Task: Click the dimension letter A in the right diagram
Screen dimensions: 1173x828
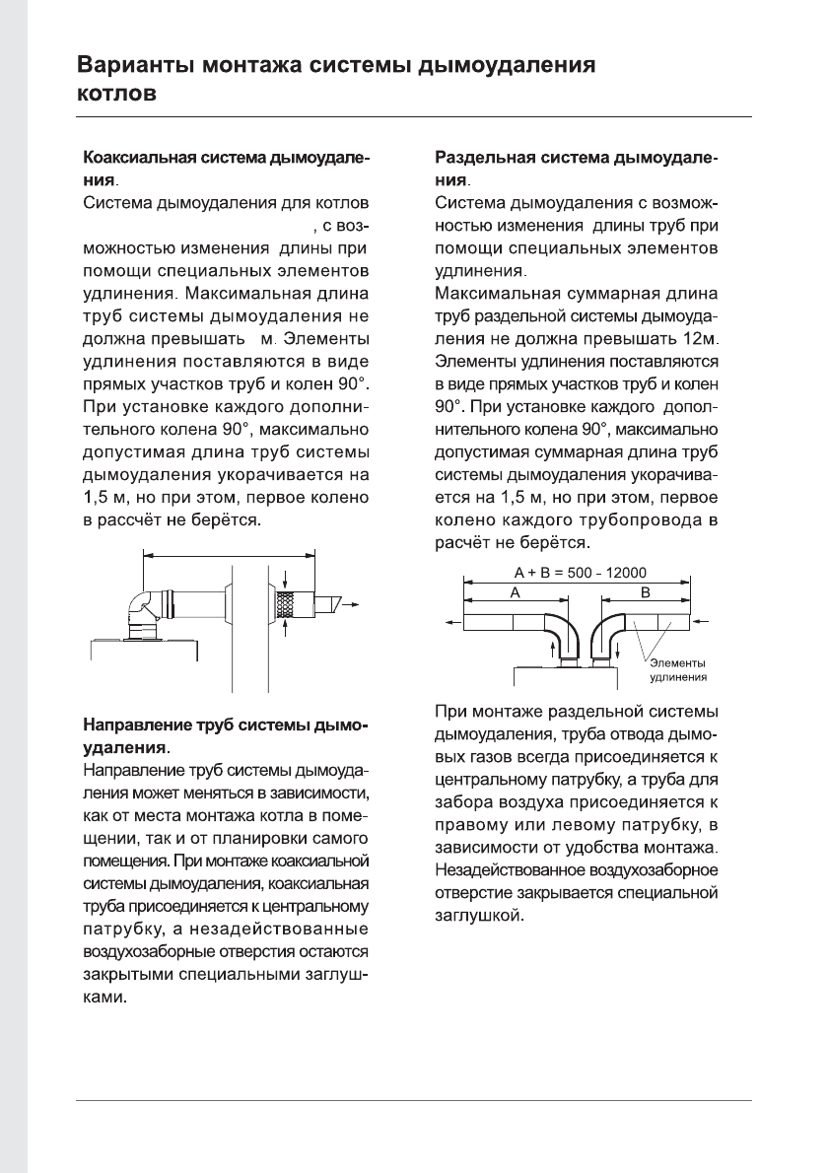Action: tap(513, 592)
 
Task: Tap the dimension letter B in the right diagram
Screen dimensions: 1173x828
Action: tap(646, 592)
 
